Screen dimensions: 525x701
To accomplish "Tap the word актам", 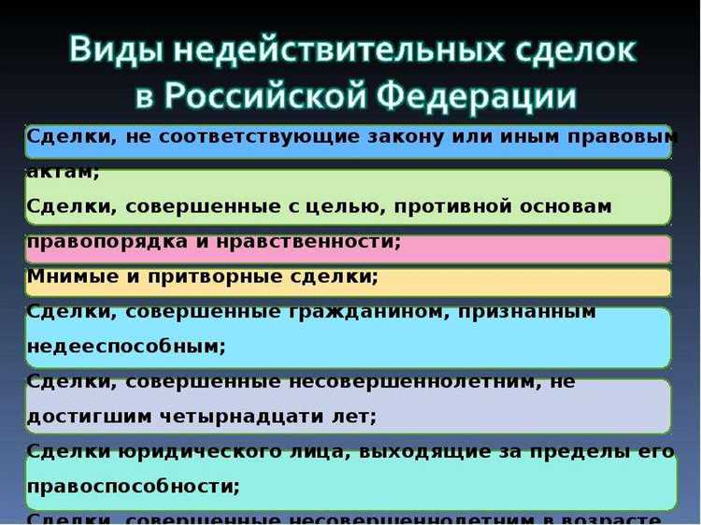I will (62, 172).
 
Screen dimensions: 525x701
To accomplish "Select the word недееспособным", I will (126, 347).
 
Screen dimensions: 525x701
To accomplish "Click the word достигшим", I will (87, 417).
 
